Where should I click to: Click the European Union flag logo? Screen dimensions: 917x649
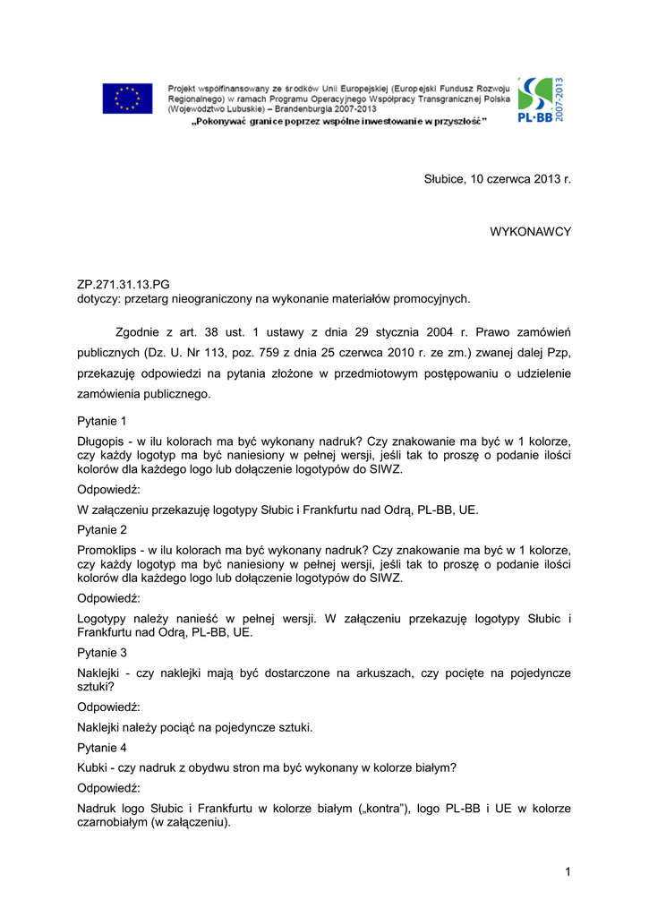click(127, 99)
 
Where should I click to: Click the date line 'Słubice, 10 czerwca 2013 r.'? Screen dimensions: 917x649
click(497, 179)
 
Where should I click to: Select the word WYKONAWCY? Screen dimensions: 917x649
click(530, 231)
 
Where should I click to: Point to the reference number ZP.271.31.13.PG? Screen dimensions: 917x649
click(124, 284)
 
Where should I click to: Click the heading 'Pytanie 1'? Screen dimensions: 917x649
click(102, 420)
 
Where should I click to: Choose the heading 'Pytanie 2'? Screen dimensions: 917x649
click(102, 529)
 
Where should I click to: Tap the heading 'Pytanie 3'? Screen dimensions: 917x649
click(102, 653)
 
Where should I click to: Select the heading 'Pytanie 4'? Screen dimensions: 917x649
click(102, 748)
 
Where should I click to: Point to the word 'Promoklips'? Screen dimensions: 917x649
click(109, 550)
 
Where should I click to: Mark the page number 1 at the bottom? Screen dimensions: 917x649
click(568, 871)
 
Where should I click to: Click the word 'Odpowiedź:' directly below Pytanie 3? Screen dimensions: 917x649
click(108, 707)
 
